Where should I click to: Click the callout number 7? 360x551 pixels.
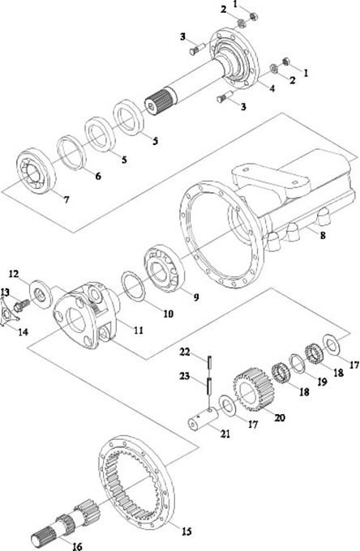[x=66, y=199]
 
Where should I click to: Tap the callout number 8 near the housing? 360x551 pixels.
[x=323, y=235]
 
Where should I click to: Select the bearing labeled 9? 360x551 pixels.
[x=165, y=269]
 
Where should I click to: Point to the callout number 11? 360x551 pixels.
[x=138, y=330]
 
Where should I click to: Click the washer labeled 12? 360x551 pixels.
[x=41, y=294]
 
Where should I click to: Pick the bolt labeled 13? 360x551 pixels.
[x=21, y=305]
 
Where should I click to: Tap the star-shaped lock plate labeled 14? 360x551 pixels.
[x=9, y=312]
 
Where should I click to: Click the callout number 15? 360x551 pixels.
[x=186, y=531]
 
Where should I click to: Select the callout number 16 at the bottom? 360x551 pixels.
[x=77, y=546]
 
